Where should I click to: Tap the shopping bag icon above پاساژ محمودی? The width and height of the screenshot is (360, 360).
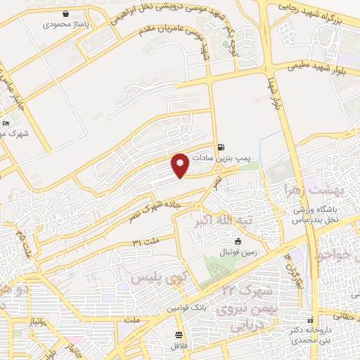coord(65,14)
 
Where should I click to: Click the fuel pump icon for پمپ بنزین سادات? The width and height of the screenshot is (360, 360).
coord(222,147)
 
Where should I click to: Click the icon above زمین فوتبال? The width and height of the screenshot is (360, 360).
coord(218,241)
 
